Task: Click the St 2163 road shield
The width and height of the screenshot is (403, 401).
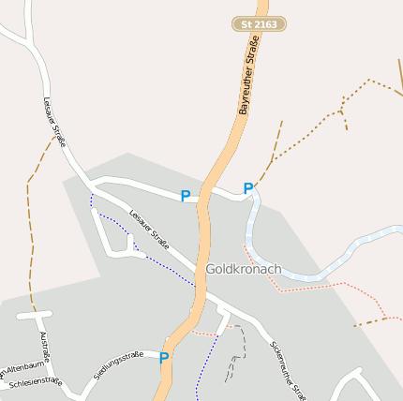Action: point(259,24)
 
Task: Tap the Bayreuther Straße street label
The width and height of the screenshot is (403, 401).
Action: point(248,84)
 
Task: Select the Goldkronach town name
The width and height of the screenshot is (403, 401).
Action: point(243,269)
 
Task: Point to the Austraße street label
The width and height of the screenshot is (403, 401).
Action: point(44,347)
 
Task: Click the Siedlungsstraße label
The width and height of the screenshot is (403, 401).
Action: point(118,364)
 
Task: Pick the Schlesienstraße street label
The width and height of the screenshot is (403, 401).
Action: point(35,383)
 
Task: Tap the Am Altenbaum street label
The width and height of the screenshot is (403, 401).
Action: point(22,366)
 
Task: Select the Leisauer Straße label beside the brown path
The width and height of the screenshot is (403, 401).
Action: point(54,123)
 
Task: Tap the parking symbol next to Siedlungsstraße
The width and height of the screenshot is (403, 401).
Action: point(164,358)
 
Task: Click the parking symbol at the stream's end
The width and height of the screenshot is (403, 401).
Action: point(247,189)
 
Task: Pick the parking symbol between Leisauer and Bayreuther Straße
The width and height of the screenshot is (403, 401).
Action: point(185,196)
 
